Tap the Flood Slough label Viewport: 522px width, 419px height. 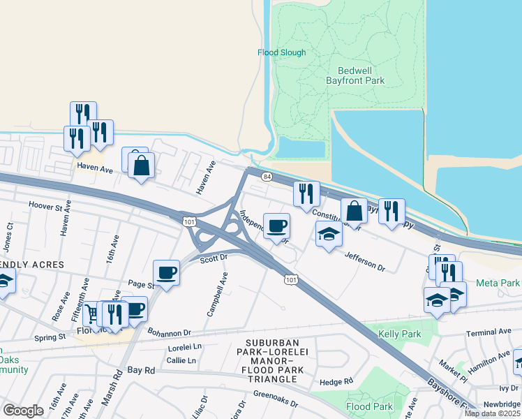point(281,52)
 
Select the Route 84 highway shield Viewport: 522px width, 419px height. point(267,177)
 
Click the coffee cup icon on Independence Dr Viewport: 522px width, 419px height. point(276,226)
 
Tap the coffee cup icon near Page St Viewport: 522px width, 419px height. point(166,272)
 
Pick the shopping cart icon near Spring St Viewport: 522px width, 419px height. point(94,312)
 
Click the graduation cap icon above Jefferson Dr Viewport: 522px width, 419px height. point(329,234)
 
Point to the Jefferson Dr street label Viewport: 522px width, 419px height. point(364,262)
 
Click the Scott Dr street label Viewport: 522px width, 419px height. point(214,258)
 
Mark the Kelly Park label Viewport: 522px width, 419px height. point(399,335)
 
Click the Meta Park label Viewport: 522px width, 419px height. point(498,283)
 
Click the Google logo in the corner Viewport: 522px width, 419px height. point(23,410)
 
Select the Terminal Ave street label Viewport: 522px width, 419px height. point(489,333)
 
